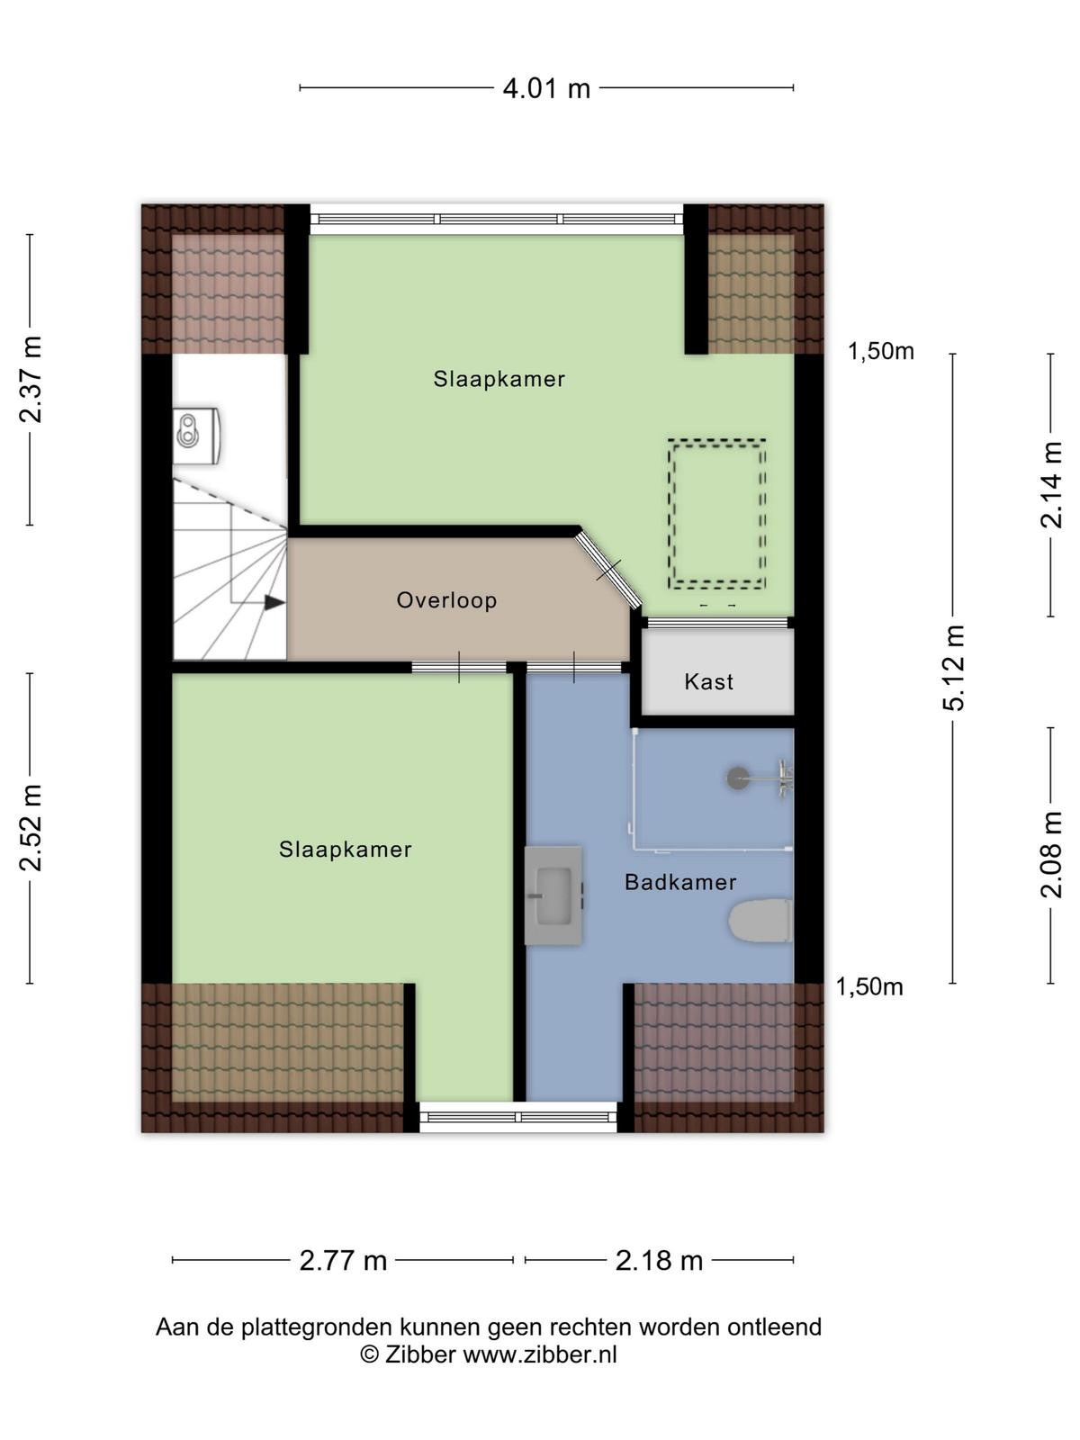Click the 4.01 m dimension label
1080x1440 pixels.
546,88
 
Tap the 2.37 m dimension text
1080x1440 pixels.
31,379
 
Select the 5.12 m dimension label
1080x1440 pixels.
954,667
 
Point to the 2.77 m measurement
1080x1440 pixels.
343,1260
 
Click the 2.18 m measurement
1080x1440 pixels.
659,1260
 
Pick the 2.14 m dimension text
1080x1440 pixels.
1051,485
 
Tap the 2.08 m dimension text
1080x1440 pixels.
1051,855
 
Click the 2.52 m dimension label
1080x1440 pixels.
31,828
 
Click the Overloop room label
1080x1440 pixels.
446,600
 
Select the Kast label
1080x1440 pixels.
708,681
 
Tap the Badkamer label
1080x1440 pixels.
680,882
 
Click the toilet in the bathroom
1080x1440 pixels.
760,921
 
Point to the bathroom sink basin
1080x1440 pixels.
553,895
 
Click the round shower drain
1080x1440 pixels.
738,778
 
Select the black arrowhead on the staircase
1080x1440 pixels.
274,602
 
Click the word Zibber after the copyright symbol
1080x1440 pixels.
419,1354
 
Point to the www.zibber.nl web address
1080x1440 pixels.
540,1354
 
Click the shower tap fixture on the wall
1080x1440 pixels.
784,778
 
